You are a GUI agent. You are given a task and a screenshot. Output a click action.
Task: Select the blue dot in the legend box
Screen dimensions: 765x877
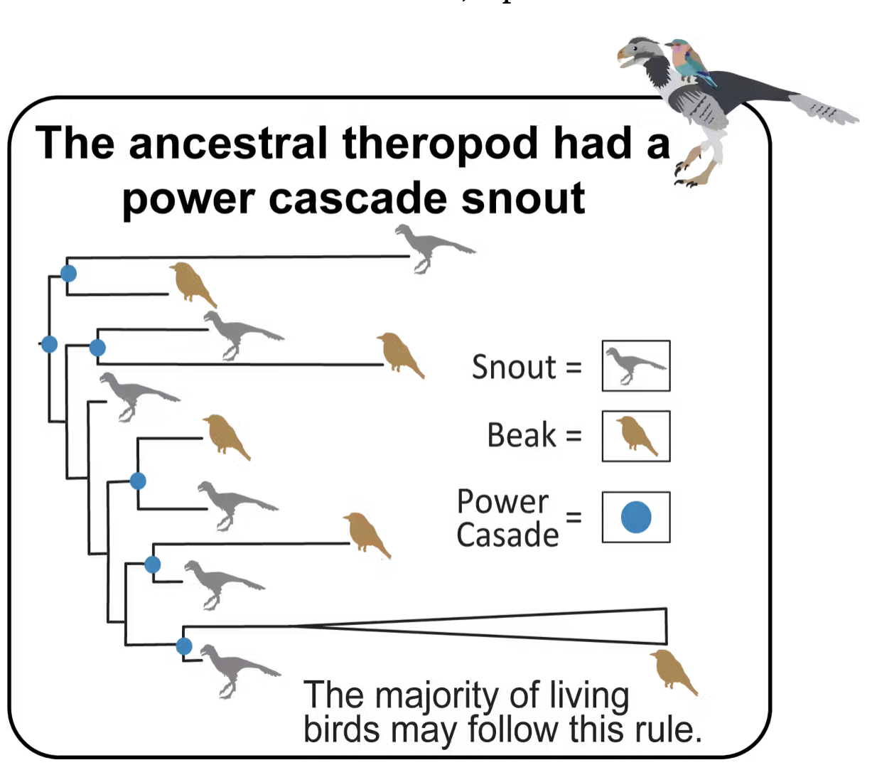635,517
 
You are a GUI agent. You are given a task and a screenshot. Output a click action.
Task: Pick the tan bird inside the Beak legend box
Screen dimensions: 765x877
636,435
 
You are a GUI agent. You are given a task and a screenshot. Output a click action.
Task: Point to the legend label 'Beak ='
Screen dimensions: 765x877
534,435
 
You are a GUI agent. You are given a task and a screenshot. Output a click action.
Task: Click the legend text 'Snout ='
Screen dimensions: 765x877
527,368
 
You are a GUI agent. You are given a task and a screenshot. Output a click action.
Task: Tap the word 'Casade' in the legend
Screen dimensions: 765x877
507,535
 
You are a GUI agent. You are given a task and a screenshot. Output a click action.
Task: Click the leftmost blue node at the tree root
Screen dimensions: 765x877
49,344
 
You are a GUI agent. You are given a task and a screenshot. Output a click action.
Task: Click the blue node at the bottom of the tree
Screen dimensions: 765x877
184,646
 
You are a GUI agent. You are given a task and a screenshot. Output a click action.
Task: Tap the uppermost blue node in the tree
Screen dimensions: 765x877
68,273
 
